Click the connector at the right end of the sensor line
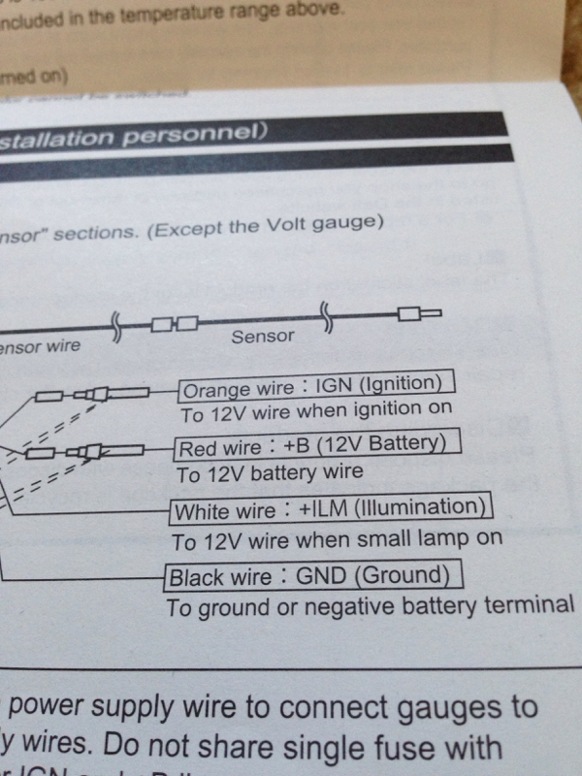(x=419, y=313)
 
